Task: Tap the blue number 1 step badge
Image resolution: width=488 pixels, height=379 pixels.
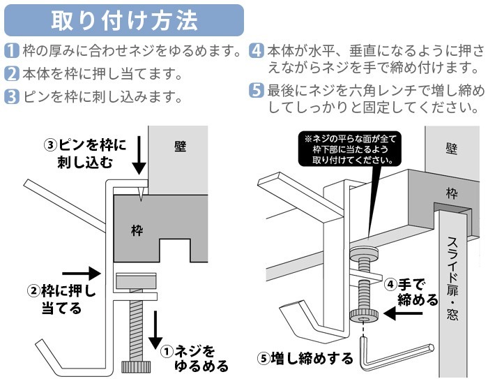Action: click(11, 51)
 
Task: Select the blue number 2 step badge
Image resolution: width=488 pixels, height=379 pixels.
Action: click(11, 73)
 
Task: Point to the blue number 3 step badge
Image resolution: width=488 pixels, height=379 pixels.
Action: click(11, 96)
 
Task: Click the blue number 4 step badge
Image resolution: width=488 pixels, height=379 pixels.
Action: click(257, 51)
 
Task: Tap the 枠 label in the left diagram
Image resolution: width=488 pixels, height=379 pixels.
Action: click(137, 229)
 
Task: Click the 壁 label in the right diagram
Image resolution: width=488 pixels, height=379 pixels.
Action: click(450, 148)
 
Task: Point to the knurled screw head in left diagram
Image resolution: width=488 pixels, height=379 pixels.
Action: click(137, 366)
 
